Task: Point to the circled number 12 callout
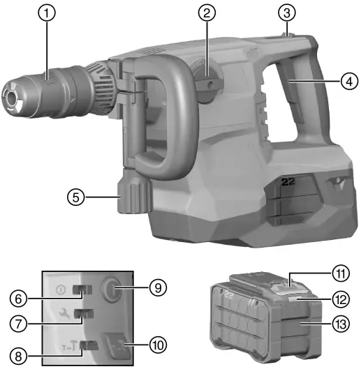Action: pyautogui.click(x=340, y=299)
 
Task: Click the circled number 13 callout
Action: pyautogui.click(x=340, y=325)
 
